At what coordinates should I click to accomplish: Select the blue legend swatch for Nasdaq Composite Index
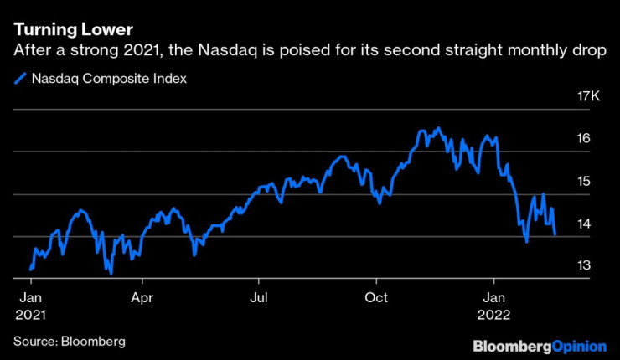(x=20, y=80)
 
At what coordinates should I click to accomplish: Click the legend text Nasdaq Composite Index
(x=109, y=80)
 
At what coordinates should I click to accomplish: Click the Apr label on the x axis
(x=142, y=297)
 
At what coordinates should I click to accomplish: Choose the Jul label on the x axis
(x=260, y=297)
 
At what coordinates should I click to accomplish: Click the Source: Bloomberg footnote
(x=69, y=342)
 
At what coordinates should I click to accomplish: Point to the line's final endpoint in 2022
(x=555, y=235)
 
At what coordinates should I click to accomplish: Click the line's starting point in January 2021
(x=30, y=270)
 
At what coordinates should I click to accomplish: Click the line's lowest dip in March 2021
(x=111, y=272)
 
